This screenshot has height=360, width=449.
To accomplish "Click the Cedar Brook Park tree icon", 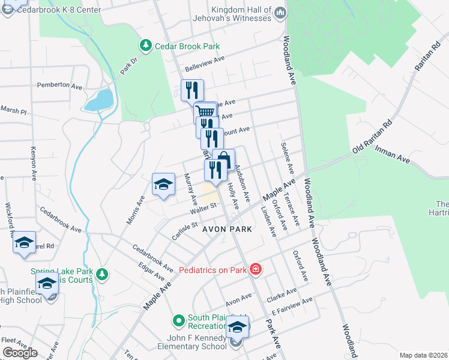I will click(x=145, y=46).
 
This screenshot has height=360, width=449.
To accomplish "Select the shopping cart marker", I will click(x=205, y=111).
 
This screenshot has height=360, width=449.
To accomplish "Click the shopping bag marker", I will click(x=223, y=160).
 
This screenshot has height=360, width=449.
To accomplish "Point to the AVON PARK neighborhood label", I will click(x=226, y=229).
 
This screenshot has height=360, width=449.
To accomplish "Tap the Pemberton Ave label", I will click(x=59, y=86).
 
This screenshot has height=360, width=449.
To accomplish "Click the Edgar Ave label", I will click(x=151, y=272).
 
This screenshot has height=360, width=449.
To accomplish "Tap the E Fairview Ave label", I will click(x=292, y=307).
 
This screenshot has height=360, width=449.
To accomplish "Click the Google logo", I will click(x=20, y=353).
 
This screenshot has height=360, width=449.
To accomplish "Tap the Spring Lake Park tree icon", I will click(x=102, y=274).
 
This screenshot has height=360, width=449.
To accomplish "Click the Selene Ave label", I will click(x=286, y=161).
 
